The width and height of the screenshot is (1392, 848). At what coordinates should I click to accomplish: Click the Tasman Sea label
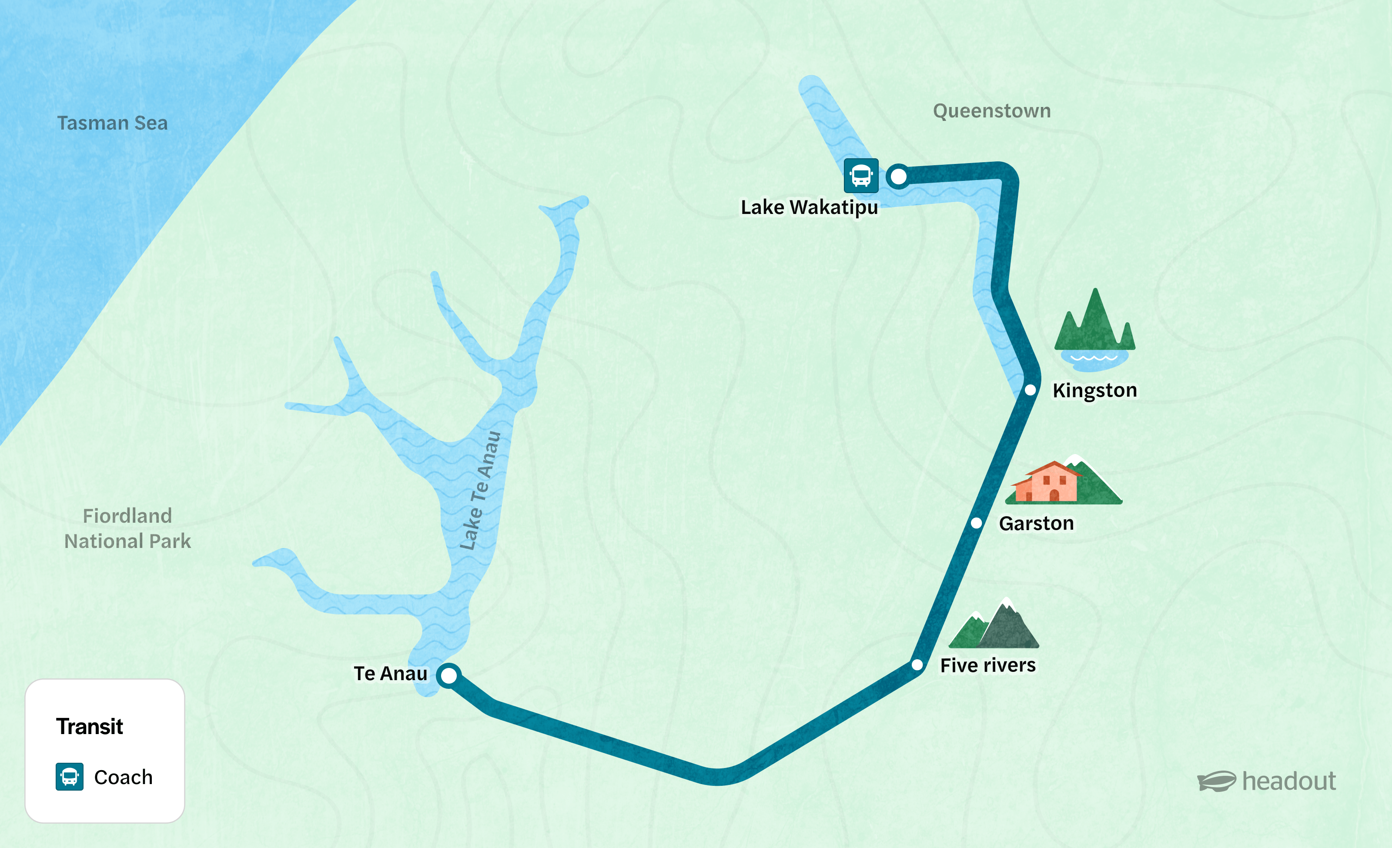coord(112,123)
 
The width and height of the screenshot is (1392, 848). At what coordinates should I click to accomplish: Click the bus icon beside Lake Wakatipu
coord(861,176)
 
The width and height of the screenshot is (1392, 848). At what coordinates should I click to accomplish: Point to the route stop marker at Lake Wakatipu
coord(898,176)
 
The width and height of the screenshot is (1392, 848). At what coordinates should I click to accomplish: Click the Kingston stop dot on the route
coord(1030,390)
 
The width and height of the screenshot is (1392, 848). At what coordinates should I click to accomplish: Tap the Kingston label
coord(1094,390)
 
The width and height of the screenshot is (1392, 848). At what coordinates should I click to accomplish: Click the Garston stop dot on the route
coord(976,523)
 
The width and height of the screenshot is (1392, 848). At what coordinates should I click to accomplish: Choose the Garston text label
coord(1036,523)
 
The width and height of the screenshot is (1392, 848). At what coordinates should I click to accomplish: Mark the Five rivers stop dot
coord(917,665)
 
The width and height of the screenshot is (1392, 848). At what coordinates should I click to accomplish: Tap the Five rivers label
coord(987,665)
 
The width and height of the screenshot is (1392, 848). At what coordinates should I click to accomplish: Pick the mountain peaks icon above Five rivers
coord(994,625)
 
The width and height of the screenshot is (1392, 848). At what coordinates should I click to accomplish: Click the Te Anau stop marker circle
coord(449,675)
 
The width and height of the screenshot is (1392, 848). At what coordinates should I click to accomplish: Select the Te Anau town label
coord(390,674)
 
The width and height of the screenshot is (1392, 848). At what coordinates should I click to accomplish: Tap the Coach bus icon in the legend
coord(70,777)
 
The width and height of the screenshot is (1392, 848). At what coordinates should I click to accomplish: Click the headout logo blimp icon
coord(1216,781)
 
